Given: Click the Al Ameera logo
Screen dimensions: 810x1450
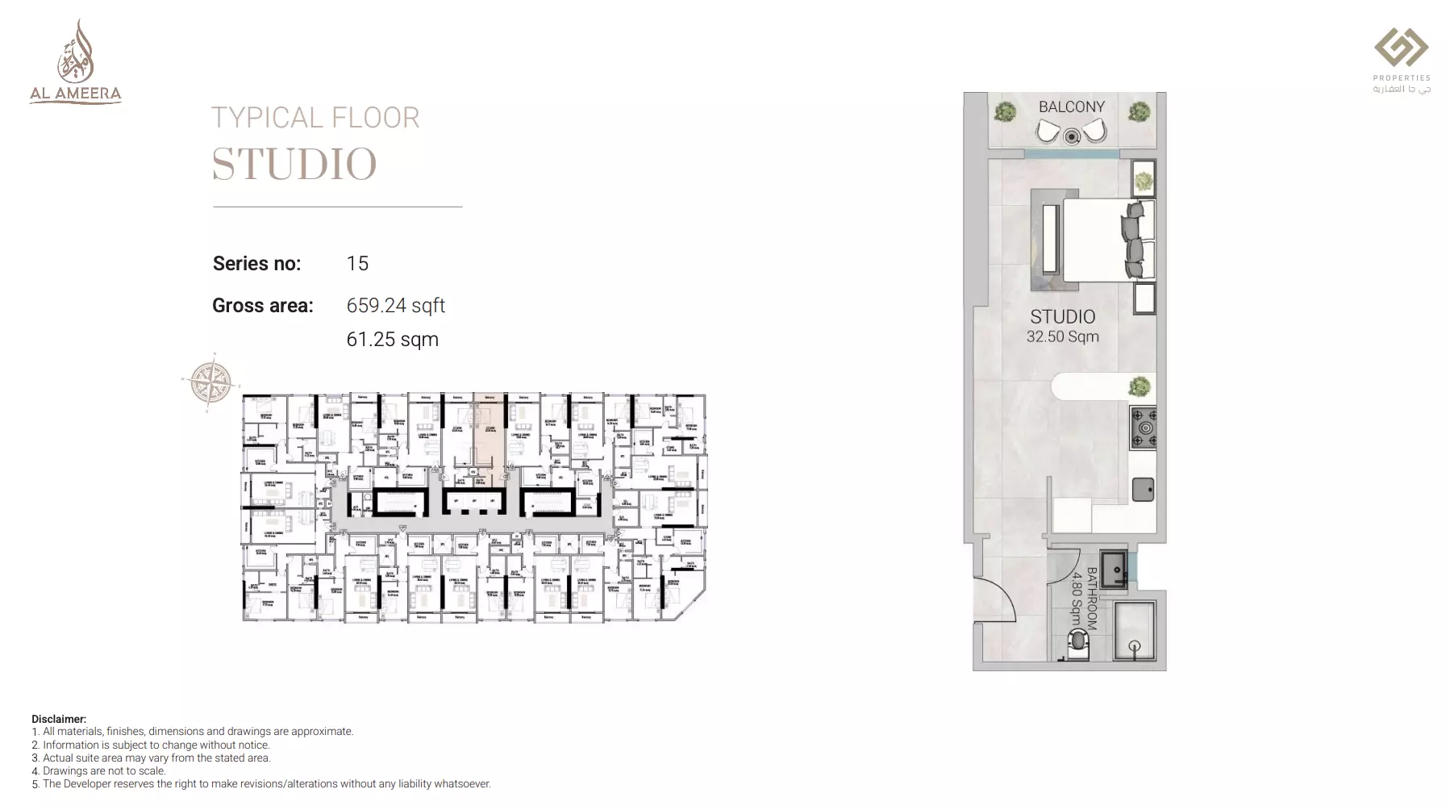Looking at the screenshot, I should [x=75, y=63].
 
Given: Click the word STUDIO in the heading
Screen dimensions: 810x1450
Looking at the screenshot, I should [x=294, y=164].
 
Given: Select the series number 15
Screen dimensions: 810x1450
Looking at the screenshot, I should [x=357, y=264].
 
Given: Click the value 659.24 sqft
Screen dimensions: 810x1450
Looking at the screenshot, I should [x=395, y=306].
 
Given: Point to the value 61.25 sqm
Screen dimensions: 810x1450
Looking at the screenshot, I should [x=392, y=340].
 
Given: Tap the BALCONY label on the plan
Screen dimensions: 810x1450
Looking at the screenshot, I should [x=1071, y=107].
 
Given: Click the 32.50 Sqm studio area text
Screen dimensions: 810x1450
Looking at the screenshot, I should [x=1062, y=337].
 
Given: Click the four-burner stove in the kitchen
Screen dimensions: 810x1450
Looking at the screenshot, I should [x=1144, y=428].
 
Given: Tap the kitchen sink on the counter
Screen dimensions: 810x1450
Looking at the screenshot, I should [x=1143, y=489].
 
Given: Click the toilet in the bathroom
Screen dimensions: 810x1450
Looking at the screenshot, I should [x=1077, y=645].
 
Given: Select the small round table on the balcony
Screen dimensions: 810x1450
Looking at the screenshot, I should [x=1071, y=137].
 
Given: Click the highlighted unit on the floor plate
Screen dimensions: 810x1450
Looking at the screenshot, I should [x=490, y=432].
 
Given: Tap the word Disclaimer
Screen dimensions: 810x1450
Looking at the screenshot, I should [x=58, y=719].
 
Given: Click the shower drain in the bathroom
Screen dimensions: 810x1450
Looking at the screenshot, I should [x=1135, y=645].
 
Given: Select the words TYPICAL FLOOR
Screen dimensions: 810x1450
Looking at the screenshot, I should [x=315, y=119].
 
